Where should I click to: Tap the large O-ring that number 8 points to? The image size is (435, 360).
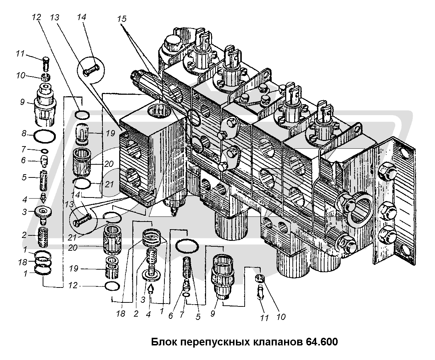pos(45,137)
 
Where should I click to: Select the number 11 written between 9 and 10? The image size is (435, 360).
pos(264,318)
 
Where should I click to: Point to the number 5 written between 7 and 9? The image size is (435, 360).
pos(198,317)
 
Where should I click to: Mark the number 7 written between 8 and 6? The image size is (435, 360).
pos(24,149)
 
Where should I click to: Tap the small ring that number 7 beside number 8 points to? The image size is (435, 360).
pos(44,151)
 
